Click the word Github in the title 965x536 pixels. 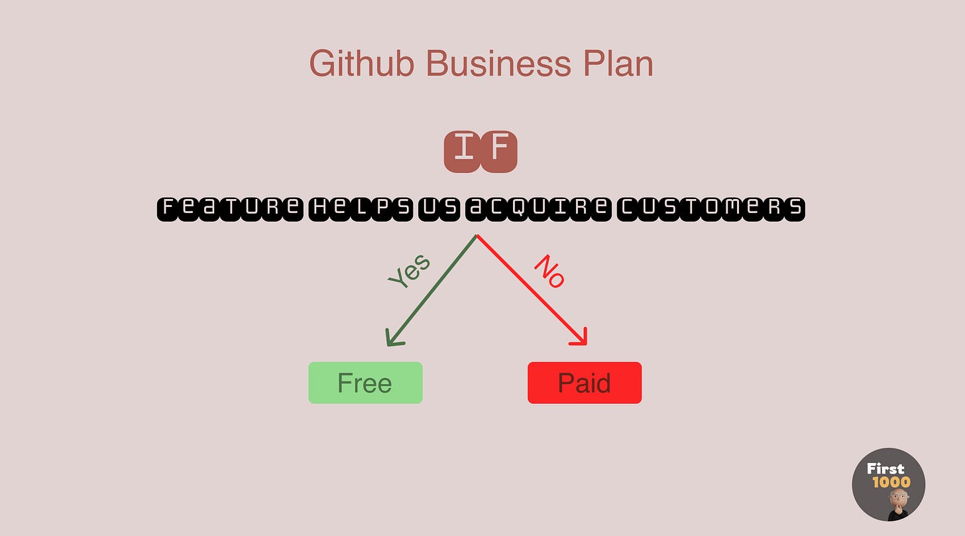click(362, 64)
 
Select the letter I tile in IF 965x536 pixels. click(462, 151)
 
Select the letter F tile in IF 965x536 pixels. click(498, 151)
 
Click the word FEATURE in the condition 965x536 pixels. click(230, 208)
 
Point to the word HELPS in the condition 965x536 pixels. click(361, 208)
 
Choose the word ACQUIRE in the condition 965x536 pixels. click(538, 208)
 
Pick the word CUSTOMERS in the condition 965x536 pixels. click(711, 208)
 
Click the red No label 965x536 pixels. click(550, 271)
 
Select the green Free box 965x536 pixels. click(365, 383)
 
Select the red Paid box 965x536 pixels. click(585, 383)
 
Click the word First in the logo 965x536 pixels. click(885, 469)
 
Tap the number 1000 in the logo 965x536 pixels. click(891, 482)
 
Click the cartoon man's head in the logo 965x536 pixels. click(899, 499)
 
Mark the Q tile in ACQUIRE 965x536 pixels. click(517, 208)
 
